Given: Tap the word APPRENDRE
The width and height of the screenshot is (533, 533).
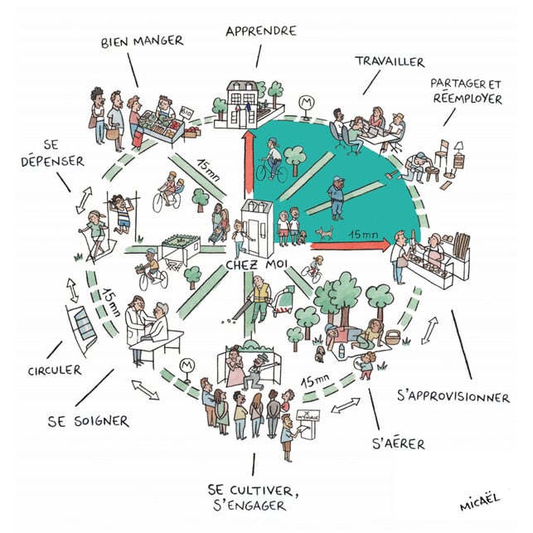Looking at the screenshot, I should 260,31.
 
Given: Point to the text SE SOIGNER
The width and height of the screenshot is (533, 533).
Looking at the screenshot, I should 89,420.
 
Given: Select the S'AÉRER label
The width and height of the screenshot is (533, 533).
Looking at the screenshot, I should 399,443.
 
